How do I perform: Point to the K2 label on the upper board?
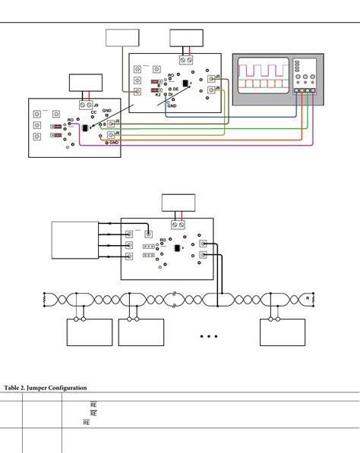point(158,95)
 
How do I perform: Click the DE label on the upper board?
point(175,89)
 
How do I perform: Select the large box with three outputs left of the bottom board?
point(74,244)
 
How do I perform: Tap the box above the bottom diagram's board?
point(178,203)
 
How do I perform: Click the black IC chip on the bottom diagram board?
point(178,250)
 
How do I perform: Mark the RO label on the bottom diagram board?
point(163,241)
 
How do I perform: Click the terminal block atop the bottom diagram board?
point(179,225)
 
